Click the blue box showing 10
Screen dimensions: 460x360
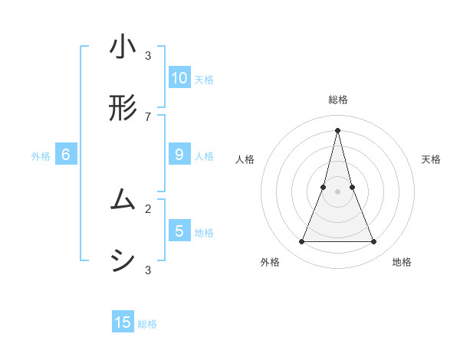pyautogui.click(x=179, y=77)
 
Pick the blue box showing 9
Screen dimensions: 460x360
pyautogui.click(x=179, y=155)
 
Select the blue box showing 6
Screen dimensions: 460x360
pyautogui.click(x=66, y=155)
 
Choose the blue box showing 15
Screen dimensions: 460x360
pyautogui.click(x=123, y=322)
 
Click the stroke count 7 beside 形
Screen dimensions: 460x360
pyautogui.click(x=148, y=116)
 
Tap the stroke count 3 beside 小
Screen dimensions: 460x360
pyautogui.click(x=148, y=55)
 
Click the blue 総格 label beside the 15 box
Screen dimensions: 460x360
pyautogui.click(x=147, y=324)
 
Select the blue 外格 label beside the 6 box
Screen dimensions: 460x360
pyautogui.click(x=41, y=156)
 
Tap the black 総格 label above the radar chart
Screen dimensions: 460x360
pyautogui.click(x=337, y=100)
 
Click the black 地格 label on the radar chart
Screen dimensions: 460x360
pyautogui.click(x=402, y=262)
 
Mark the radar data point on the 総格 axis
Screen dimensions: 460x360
pyautogui.click(x=337, y=129)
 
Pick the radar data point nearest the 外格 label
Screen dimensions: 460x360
pyautogui.click(x=301, y=242)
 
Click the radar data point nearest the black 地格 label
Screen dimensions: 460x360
pyautogui.click(x=374, y=242)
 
